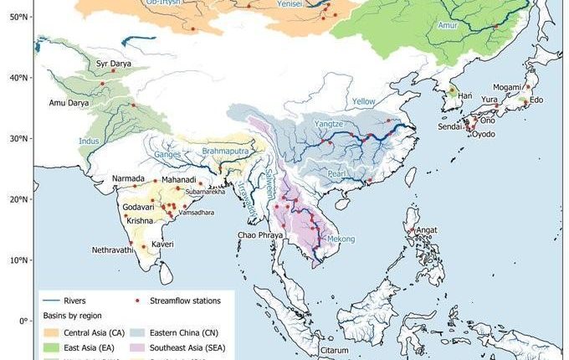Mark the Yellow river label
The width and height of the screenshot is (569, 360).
(x=363, y=101)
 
